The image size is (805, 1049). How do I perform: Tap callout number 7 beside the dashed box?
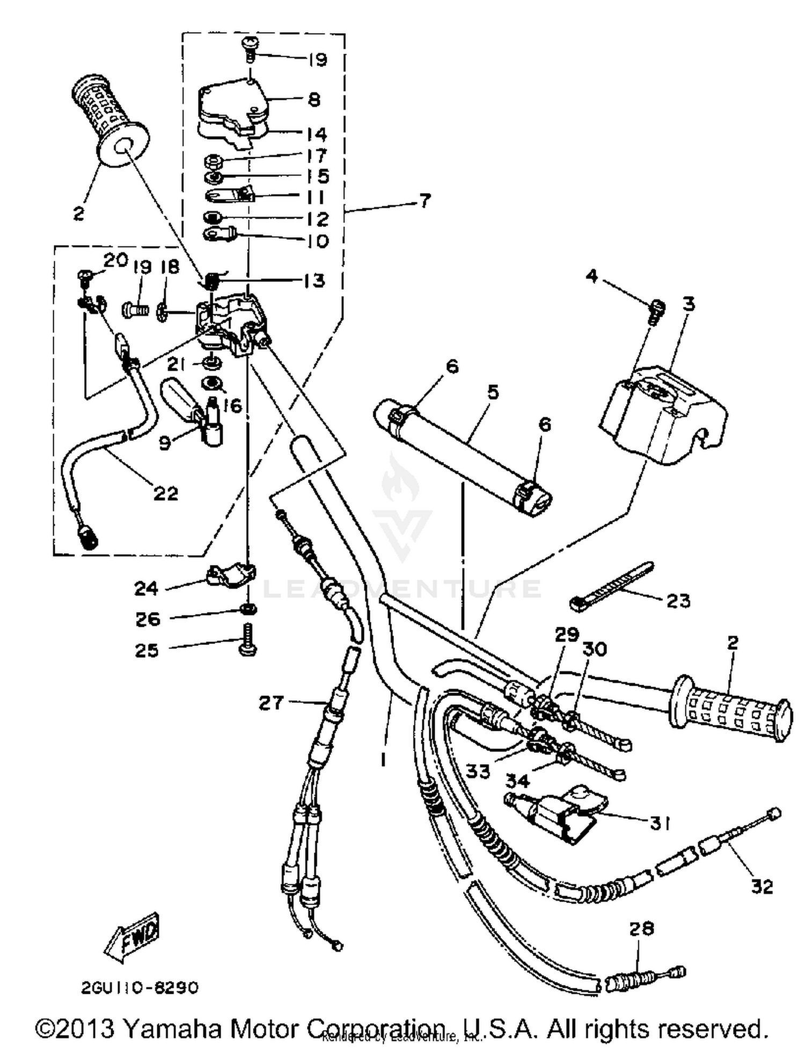coord(424,201)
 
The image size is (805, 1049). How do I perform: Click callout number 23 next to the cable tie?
coord(678,600)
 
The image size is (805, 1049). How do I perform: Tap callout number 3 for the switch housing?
coord(689,304)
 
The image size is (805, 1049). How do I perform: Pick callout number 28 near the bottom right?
coord(641,928)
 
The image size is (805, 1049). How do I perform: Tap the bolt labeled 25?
coord(247,641)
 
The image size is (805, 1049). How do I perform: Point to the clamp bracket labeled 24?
coord(231,575)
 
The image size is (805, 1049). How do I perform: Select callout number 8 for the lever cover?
coord(314,99)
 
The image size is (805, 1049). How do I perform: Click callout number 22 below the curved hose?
coord(165,493)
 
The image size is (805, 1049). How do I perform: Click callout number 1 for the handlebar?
coord(383,760)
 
